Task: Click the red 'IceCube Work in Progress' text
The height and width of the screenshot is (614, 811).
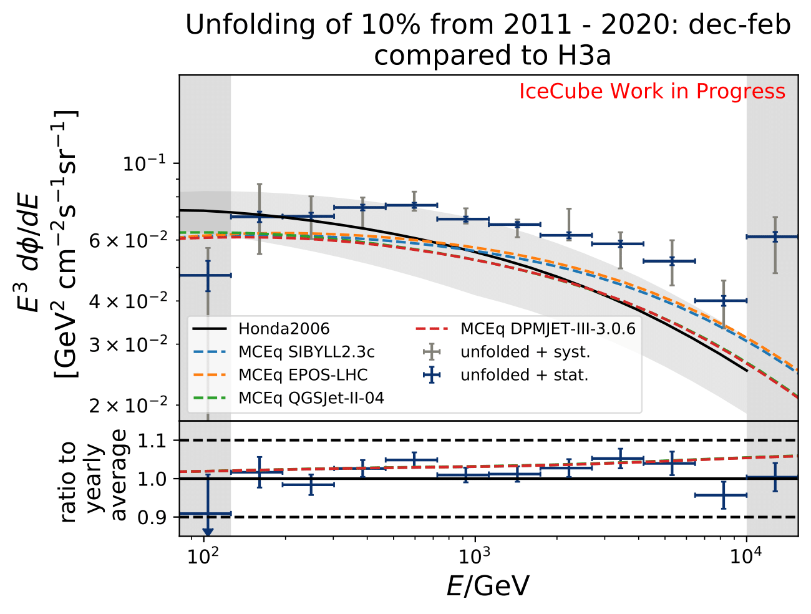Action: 652,92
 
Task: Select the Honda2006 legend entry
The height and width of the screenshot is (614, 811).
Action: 284,329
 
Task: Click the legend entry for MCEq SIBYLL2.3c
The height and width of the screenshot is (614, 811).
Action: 306,352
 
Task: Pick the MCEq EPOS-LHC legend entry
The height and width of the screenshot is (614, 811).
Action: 303,375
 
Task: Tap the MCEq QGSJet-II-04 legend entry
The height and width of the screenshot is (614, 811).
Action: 311,398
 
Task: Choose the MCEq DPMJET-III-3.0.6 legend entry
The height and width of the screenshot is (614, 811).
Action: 548,329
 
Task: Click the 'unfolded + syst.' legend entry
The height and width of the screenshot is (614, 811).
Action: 525,352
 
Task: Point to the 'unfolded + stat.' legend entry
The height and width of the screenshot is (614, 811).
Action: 524,375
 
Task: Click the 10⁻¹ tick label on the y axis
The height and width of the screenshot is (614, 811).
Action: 144,164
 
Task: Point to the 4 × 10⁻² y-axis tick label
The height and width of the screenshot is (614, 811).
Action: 129,301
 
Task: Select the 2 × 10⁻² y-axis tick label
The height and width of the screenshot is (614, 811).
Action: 129,406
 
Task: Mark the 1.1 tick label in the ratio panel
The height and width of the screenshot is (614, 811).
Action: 152,441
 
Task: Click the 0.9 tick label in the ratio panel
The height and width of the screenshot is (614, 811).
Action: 152,517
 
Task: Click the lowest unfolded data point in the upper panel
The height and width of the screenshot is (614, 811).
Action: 208,275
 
